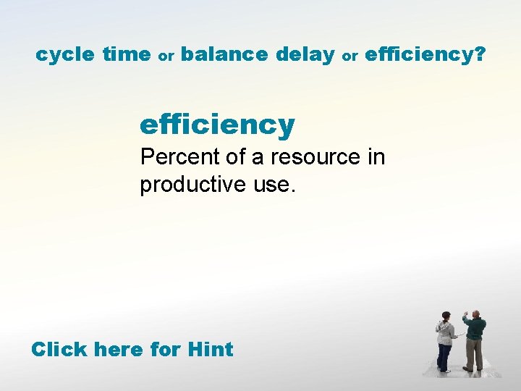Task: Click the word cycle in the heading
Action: tap(66, 54)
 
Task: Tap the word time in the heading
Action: tap(127, 54)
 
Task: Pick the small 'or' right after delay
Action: tap(350, 56)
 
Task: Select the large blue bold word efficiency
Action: tap(217, 125)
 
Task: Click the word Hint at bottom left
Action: tap(210, 350)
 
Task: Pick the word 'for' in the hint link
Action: tap(166, 350)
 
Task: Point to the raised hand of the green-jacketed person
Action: tap(466, 316)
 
